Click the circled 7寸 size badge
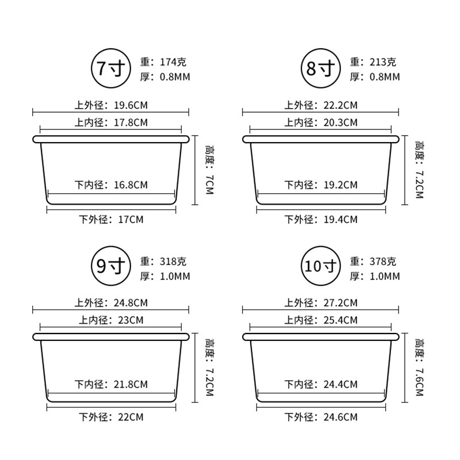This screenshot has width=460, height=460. click(111, 68)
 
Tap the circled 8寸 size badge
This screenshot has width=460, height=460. click(321, 68)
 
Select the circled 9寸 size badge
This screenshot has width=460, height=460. click(111, 266)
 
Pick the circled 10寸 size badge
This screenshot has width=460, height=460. click(321, 266)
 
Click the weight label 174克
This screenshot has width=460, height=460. click(173, 62)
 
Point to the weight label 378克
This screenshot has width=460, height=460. click(383, 261)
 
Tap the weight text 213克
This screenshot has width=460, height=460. click(383, 62)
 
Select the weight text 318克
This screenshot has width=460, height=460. click(173, 261)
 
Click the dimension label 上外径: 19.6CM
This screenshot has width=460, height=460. click(111, 105)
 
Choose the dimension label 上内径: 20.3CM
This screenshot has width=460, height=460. click(321, 122)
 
